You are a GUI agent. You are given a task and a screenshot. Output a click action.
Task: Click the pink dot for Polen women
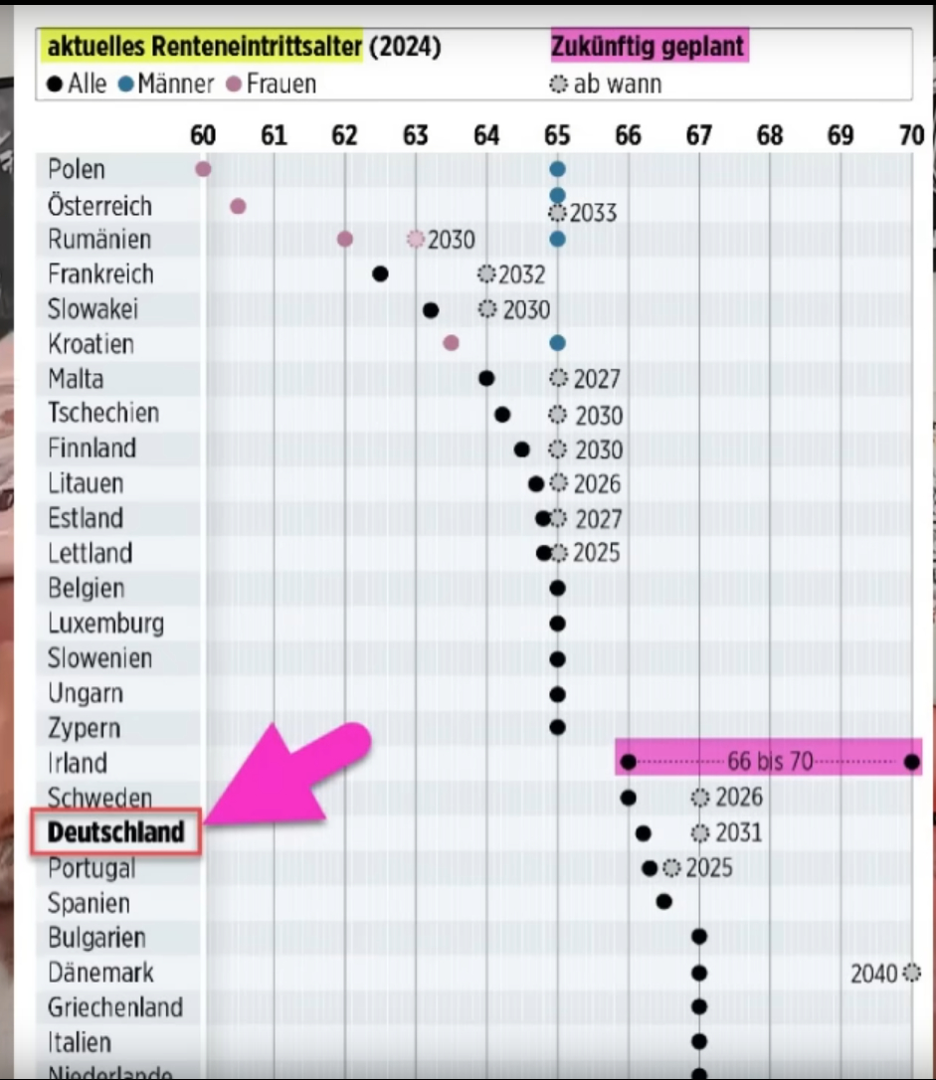pyautogui.click(x=203, y=169)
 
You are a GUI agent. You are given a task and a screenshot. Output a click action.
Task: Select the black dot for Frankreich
pyautogui.click(x=380, y=274)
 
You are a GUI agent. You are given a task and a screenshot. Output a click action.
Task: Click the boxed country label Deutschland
pyautogui.click(x=116, y=832)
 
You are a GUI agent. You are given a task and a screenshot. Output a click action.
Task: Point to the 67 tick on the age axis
pyautogui.click(x=699, y=135)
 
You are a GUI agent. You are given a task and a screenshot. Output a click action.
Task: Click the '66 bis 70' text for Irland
pyautogui.click(x=770, y=763)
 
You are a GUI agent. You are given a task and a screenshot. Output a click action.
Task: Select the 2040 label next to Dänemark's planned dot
pyautogui.click(x=874, y=974)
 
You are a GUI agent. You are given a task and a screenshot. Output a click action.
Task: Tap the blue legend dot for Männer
pyautogui.click(x=125, y=85)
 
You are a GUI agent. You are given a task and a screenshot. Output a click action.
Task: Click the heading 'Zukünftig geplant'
pyautogui.click(x=648, y=45)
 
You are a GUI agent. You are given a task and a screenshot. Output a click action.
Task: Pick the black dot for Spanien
pyautogui.click(x=663, y=902)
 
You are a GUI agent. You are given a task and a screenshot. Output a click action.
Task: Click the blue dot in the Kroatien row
pyautogui.click(x=557, y=343)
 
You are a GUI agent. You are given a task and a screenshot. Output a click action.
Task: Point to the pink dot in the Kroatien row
pyautogui.click(x=451, y=343)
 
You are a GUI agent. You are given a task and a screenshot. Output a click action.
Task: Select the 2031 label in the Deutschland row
pyautogui.click(x=738, y=832)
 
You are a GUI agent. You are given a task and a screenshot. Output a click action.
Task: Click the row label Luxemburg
pyautogui.click(x=105, y=624)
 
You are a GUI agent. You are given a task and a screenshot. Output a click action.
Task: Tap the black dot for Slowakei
pyautogui.click(x=431, y=309)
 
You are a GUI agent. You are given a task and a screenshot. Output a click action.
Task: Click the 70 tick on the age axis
pyautogui.click(x=911, y=135)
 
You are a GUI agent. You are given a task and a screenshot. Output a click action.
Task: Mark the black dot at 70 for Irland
pyautogui.click(x=912, y=763)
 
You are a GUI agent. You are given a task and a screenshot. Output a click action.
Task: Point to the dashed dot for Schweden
pyautogui.click(x=700, y=798)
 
